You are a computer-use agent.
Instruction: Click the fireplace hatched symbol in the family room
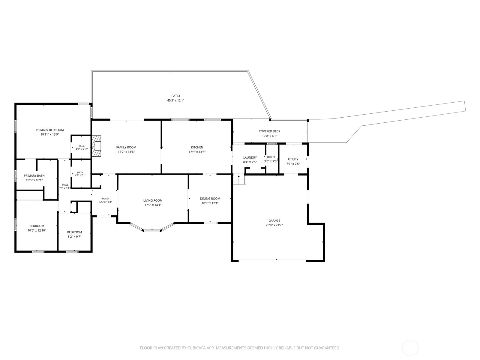coord(96,146)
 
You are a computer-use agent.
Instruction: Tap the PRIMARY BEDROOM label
coord(49,130)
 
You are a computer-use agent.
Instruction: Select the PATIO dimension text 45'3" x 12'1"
coord(175,100)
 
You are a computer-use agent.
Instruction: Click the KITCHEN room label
coord(197,148)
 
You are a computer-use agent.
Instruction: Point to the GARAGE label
coord(274,221)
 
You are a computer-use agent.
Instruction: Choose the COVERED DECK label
coord(269,131)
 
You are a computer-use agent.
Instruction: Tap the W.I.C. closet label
coord(82,146)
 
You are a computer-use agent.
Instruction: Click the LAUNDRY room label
coord(250,157)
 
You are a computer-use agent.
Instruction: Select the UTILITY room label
coord(293,159)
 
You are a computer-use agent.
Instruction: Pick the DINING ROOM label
coord(210,199)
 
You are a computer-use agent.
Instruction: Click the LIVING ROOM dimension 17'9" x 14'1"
coord(153,205)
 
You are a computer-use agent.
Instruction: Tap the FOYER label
coord(106,199)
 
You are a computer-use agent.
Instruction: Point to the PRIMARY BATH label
coord(34,176)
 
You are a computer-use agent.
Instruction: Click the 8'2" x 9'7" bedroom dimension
coord(74,236)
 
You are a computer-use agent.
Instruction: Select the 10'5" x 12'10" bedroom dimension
coord(37,230)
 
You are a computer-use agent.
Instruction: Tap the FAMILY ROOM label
coord(126,148)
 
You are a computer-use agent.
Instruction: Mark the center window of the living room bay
coord(152,230)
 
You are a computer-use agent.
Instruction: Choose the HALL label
coord(65,185)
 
